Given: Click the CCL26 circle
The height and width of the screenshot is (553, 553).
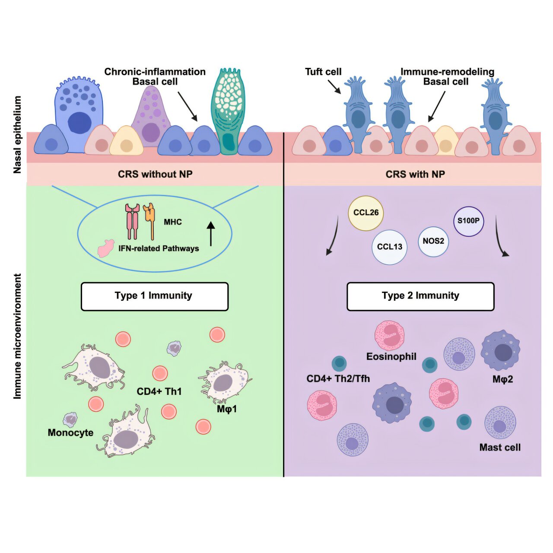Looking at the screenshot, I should (x=365, y=213).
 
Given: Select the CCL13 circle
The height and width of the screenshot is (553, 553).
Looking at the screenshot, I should (x=389, y=247).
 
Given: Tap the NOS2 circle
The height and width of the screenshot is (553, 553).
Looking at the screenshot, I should (x=433, y=241).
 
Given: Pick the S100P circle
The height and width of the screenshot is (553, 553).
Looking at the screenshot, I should (x=468, y=221).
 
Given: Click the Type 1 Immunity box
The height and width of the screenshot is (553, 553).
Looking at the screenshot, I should (x=154, y=296).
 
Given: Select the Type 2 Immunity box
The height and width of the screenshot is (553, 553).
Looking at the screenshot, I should (x=420, y=296).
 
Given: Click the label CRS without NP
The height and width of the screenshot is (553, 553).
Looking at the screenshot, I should (x=155, y=174).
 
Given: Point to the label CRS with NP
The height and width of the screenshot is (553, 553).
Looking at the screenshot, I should (x=415, y=174).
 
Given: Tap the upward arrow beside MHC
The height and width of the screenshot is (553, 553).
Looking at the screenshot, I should (x=211, y=234).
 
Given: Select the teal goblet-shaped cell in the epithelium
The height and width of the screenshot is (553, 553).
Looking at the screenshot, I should (x=227, y=112).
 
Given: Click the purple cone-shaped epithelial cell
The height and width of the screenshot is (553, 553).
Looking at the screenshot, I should (x=150, y=117).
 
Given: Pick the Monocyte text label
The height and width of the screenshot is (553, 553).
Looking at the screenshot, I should (x=70, y=433).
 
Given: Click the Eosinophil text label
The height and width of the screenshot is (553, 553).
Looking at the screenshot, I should (x=391, y=356).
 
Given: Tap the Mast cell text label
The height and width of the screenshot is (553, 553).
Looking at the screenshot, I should (x=500, y=448).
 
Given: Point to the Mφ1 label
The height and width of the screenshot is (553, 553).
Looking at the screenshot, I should (x=226, y=409).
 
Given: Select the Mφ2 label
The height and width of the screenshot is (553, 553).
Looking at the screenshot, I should (x=502, y=380).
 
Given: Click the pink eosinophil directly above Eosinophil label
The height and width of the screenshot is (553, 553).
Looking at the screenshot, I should (x=389, y=335).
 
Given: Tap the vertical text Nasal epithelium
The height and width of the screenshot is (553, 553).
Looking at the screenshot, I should (x=17, y=135).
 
